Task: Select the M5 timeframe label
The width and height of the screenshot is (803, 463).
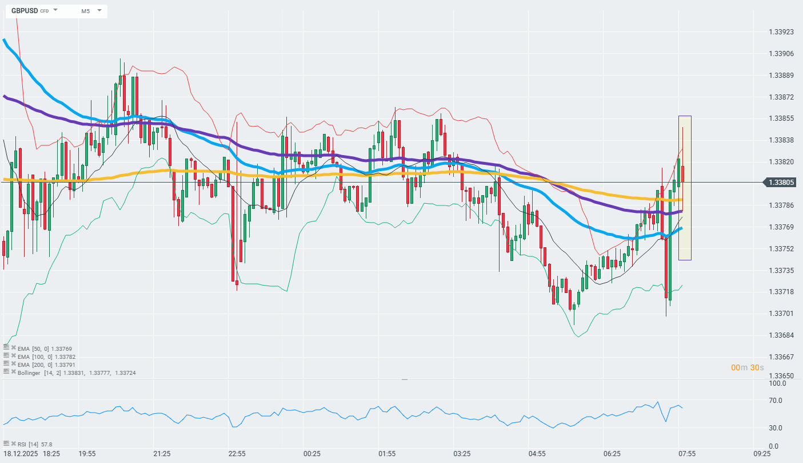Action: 85,11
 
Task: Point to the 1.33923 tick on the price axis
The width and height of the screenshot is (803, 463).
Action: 781,32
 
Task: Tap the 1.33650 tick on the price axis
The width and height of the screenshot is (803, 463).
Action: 781,376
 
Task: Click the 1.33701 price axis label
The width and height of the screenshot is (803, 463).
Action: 781,313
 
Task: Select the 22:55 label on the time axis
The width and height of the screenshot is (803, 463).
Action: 237,453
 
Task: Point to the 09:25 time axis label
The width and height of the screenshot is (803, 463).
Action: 762,453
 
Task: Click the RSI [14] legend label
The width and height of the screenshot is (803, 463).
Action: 26,444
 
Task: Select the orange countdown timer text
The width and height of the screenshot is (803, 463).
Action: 748,367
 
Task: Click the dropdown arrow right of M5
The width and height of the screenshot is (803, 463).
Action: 99,10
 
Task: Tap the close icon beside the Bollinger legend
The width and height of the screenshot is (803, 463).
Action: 13,371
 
